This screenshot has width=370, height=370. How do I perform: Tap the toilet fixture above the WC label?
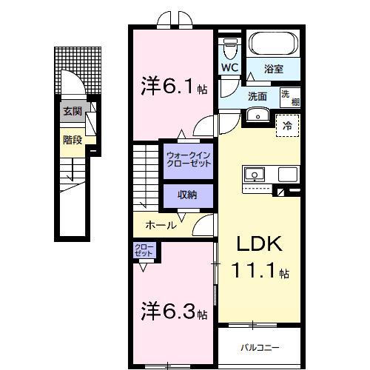tap(229, 47)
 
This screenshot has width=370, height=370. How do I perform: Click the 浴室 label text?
tap(274, 70)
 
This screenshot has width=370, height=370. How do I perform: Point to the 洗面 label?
tap(257, 95)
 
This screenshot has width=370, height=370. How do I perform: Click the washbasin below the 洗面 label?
tap(258, 114)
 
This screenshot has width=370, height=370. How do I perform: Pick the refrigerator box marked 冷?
tap(288, 126)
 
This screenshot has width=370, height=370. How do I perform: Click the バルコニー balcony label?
tap(260, 346)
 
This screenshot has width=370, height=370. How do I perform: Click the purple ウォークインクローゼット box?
tap(188, 161)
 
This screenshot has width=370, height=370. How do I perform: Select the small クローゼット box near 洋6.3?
tap(144, 251)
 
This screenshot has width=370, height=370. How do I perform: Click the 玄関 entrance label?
tap(72, 112)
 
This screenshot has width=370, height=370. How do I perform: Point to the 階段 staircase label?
tap(72, 138)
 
